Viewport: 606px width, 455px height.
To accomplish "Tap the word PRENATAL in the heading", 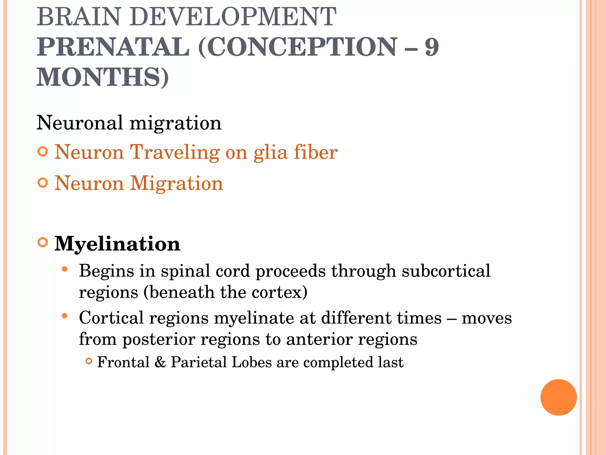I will click(x=113, y=47).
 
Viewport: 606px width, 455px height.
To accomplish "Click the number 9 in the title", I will click(x=432, y=47).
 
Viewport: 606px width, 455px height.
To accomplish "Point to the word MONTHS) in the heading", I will click(x=103, y=77).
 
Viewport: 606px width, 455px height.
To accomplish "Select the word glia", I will click(x=270, y=153).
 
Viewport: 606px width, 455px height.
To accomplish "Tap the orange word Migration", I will click(x=177, y=183).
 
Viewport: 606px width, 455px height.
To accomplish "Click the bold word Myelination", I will click(x=117, y=244).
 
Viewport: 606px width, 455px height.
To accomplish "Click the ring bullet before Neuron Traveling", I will click(x=43, y=152).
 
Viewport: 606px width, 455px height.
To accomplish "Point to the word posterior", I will click(x=159, y=339).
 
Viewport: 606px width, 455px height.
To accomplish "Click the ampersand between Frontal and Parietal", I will click(x=160, y=362).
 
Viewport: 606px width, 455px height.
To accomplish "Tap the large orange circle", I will click(x=558, y=398).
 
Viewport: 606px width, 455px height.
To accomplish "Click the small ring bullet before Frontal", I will click(x=89, y=361).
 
